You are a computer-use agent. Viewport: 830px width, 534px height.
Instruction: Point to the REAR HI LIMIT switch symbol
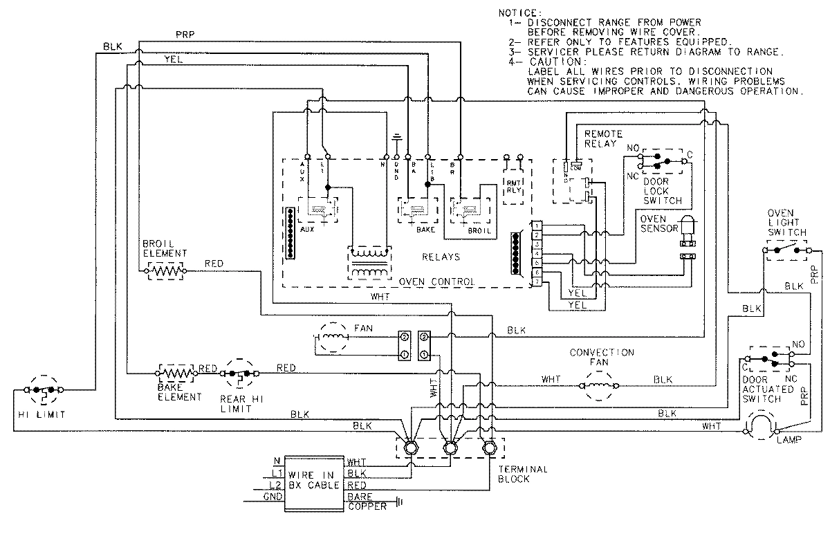(239, 374)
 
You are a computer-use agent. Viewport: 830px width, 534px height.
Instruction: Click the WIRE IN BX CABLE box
(315, 480)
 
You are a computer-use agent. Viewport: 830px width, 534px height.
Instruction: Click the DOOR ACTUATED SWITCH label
(764, 389)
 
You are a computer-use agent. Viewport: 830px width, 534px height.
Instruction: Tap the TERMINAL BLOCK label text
(522, 474)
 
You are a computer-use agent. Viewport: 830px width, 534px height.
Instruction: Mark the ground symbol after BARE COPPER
(398, 503)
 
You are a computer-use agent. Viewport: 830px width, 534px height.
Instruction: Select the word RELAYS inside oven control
(441, 257)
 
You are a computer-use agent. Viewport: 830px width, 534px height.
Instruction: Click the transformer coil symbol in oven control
(368, 264)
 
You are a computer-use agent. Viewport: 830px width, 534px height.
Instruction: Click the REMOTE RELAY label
(604, 138)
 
